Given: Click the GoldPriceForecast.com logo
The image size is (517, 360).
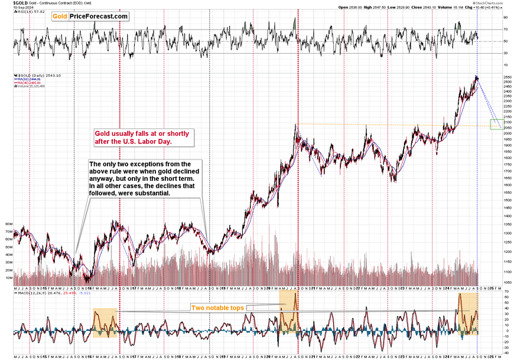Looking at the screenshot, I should (x=90, y=16).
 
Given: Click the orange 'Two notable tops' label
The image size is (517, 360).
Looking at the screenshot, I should (x=216, y=307).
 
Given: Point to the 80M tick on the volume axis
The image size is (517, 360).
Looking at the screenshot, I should (x=8, y=225).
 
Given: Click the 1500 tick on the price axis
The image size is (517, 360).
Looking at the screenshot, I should (x=508, y=200).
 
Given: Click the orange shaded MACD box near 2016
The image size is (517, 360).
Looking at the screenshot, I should (x=105, y=323).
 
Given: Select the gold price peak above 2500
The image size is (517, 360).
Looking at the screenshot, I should (x=477, y=77).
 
